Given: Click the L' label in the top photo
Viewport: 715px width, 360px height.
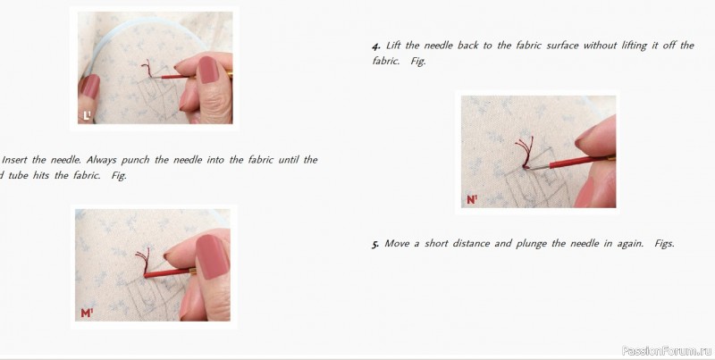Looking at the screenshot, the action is [87, 115].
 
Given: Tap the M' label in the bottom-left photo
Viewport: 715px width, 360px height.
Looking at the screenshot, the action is [87, 313].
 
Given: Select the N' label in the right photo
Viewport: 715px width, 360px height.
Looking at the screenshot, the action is [472, 199].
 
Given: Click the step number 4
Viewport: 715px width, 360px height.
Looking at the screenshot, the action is [375, 46].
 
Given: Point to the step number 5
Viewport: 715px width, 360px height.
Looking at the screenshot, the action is [375, 244].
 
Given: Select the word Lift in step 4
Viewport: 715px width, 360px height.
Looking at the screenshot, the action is [393, 46].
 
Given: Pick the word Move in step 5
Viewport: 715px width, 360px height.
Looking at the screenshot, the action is [396, 243].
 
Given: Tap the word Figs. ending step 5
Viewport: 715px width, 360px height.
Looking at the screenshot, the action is [664, 244].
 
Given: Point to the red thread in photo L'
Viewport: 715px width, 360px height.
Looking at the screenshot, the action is [147, 69].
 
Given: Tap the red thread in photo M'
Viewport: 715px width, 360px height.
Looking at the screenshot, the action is [143, 260].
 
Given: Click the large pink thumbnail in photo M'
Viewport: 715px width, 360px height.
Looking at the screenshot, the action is [212, 256].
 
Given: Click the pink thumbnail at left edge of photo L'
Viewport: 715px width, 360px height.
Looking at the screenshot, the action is [90, 86].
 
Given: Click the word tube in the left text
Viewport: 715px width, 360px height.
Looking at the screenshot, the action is [18, 176].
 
